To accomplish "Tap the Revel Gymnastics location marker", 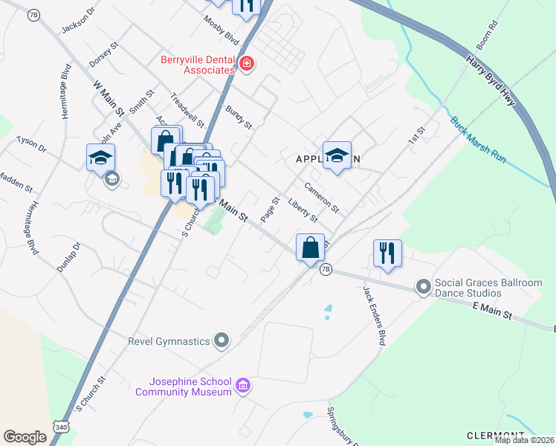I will point(221,341).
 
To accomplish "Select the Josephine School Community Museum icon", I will point(242,386).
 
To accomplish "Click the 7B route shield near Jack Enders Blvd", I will point(326,269).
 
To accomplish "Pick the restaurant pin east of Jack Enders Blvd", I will point(387,253).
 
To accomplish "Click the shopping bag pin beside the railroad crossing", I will point(310,248).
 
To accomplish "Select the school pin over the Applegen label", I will point(337,155).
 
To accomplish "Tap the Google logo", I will point(25,436).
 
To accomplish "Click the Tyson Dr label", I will point(31,144).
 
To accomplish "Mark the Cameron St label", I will point(321,198).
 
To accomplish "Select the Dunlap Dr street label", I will point(68,256).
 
